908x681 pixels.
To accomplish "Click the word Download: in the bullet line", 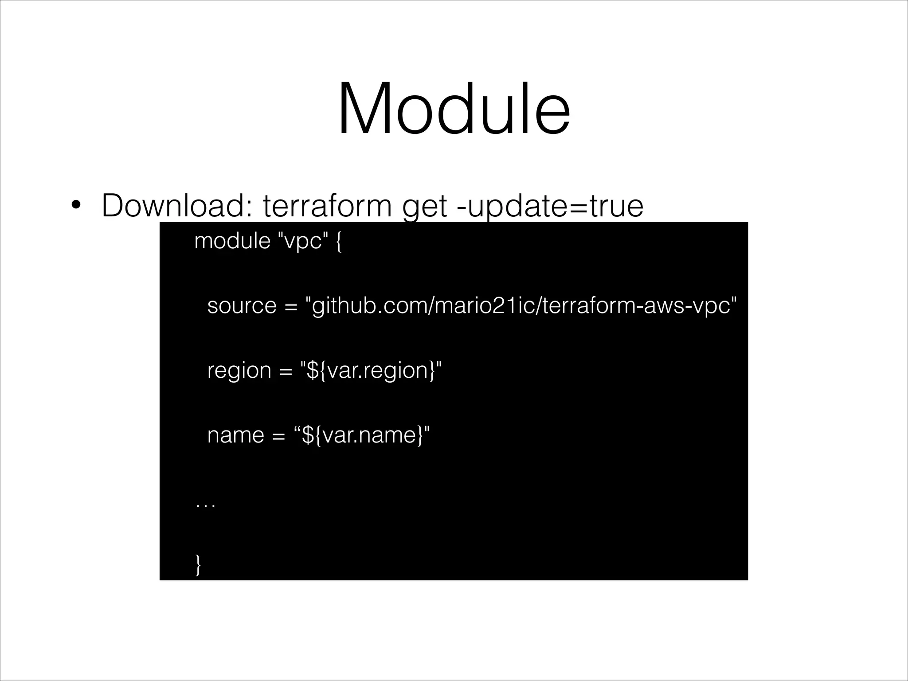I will pos(177,206).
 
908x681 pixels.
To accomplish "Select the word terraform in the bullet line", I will pos(327,206).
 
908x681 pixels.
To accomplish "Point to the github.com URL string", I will pos(521,305).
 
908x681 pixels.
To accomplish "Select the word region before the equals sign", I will pos(239,371).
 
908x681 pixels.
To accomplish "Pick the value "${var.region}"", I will pos(371,370).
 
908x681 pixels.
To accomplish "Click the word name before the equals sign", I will pos(235,435).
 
